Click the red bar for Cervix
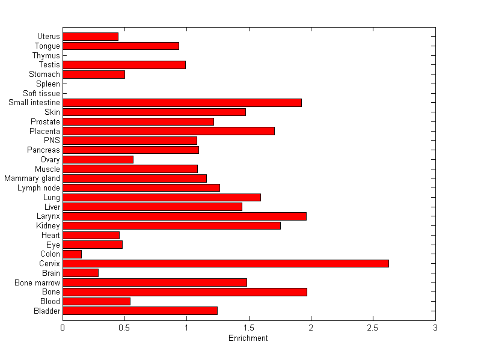click(225, 263)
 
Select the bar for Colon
click(72, 254)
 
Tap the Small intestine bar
click(182, 103)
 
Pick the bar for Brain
click(81, 273)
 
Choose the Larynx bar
click(185, 216)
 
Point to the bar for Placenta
click(168, 131)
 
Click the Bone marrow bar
click(155, 282)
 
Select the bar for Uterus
click(90, 37)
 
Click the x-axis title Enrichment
click(248, 338)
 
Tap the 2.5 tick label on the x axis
click(373, 328)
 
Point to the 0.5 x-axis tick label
click(124, 328)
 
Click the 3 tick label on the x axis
click(435, 328)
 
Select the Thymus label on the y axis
click(46, 56)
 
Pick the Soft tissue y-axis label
click(41, 93)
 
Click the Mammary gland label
click(32, 178)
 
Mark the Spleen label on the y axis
click(48, 84)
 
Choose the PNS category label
click(52, 141)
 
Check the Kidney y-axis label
click(48, 226)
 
